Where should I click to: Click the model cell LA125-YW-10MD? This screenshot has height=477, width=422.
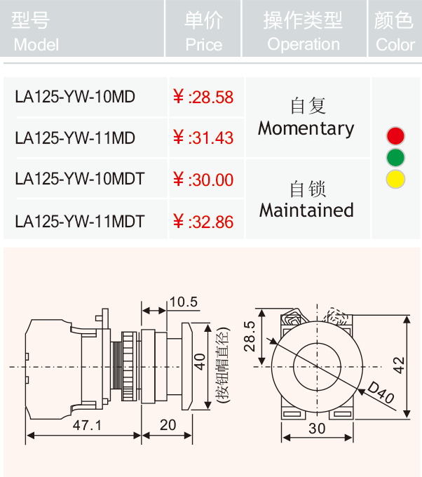pyautogui.click(x=75, y=97)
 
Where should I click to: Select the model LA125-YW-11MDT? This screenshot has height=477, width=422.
pyautogui.click(x=80, y=221)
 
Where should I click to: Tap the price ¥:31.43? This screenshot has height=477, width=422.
pyautogui.click(x=203, y=137)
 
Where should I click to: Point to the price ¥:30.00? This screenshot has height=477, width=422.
pyautogui.click(x=203, y=179)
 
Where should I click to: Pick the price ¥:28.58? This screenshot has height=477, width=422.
pyautogui.click(x=203, y=97)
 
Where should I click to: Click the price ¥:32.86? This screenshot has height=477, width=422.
pyautogui.click(x=203, y=222)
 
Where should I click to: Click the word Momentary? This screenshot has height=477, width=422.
pyautogui.click(x=306, y=128)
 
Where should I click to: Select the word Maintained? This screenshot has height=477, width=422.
pyautogui.click(x=306, y=210)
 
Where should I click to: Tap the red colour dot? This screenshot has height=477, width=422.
pyautogui.click(x=395, y=135)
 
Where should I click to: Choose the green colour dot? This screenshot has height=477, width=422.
pyautogui.click(x=395, y=158)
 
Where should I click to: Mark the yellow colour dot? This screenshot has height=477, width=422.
pyautogui.click(x=395, y=179)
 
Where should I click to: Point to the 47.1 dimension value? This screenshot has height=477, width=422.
pyautogui.click(x=87, y=425)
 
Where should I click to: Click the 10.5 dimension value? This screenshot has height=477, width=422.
pyautogui.click(x=184, y=302)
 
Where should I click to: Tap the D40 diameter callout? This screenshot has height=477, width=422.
pyautogui.click(x=381, y=393)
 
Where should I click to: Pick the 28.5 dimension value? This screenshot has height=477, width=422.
pyautogui.click(x=250, y=336)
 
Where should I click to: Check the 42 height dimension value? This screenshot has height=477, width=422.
pyautogui.click(x=399, y=365)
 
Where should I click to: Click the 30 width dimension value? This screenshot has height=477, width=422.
pyautogui.click(x=317, y=429)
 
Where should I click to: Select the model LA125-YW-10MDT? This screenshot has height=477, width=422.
pyautogui.click(x=80, y=179)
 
